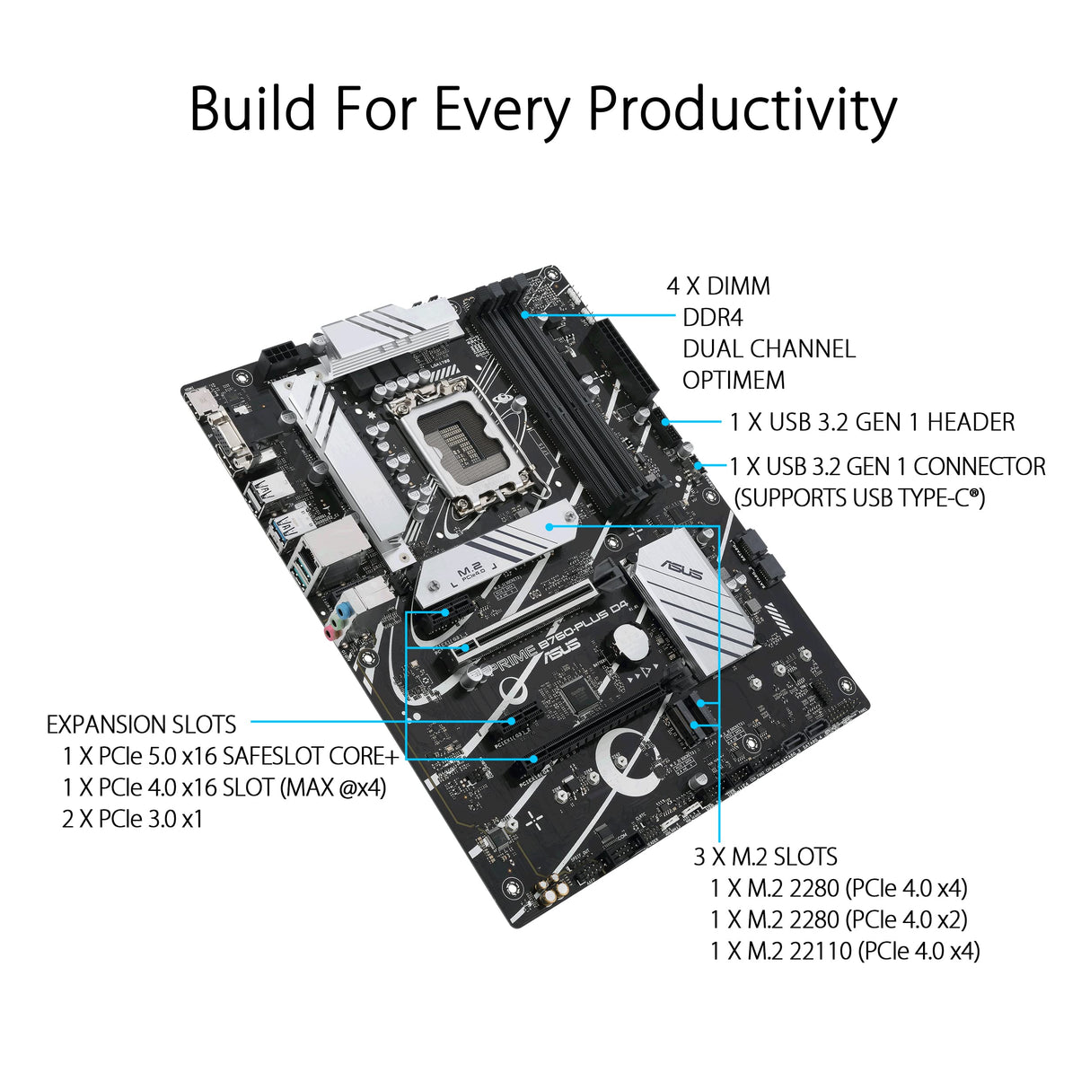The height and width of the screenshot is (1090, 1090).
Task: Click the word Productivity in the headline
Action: (x=742, y=110)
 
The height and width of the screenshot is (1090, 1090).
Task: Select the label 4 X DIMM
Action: (x=718, y=286)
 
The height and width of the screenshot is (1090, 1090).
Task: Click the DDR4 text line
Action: (x=712, y=318)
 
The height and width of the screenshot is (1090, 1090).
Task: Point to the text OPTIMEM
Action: (x=734, y=381)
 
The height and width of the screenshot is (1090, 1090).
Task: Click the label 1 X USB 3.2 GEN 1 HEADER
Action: (x=872, y=422)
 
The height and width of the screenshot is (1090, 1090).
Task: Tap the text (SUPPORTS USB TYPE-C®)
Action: (x=859, y=497)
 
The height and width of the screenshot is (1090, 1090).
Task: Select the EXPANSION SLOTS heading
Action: (x=142, y=725)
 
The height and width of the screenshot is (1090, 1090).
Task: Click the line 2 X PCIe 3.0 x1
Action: (x=133, y=819)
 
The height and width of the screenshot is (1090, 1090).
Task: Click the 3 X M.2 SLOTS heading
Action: (x=765, y=857)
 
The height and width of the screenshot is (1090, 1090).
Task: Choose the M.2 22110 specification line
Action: (x=844, y=951)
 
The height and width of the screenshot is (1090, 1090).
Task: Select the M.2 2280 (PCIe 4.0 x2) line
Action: (x=839, y=919)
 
